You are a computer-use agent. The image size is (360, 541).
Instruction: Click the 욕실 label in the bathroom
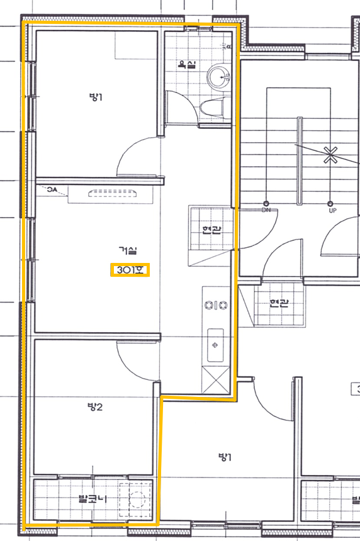tap(187, 64)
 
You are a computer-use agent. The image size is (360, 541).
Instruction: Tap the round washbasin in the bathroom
tap(218, 76)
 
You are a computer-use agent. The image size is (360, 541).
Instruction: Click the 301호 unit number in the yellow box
tap(130, 269)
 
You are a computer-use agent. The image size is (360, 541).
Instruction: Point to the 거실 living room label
tap(128, 250)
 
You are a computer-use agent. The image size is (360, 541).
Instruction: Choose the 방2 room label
tap(95, 407)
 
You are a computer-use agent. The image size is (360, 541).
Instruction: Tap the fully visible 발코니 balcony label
tap(93, 499)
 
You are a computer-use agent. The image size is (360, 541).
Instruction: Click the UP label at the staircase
tap(333, 210)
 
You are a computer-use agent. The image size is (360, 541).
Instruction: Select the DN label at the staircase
tap(266, 209)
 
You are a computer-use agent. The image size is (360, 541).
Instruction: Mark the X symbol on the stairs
tap(330, 155)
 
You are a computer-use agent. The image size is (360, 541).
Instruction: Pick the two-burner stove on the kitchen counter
tap(216, 305)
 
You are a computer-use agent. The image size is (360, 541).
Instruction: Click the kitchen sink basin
tap(215, 345)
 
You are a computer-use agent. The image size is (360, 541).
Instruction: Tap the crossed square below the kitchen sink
tap(215, 380)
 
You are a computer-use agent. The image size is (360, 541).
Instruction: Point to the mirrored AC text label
tap(52, 189)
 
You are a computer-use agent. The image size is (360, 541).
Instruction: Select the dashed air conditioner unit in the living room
tap(113, 193)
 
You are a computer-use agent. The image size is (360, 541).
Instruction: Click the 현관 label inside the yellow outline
tap(211, 230)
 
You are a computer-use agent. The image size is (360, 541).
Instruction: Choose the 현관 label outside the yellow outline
tap(279, 303)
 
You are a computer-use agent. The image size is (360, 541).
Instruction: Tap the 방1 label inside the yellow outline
tap(95, 97)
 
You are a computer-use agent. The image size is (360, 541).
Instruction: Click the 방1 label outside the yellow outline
tap(225, 457)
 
